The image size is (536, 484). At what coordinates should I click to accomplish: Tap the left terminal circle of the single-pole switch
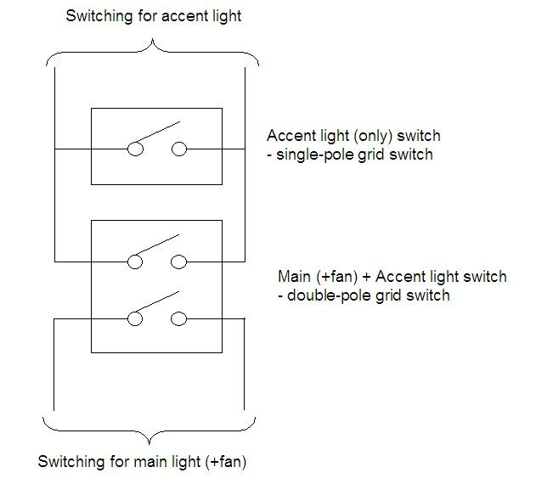pos(134,149)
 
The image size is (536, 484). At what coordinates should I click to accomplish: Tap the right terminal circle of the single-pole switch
pos(178,149)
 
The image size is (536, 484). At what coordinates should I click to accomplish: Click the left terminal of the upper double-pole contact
pos(134,261)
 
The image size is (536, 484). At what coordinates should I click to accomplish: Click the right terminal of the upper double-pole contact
pos(178,261)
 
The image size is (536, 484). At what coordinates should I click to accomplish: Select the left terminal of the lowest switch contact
pos(134,318)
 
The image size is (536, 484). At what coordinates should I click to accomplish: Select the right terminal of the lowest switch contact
pos(178,318)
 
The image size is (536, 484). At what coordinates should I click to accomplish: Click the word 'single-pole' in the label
pos(311,155)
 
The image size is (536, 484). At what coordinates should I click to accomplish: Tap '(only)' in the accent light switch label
pos(364,136)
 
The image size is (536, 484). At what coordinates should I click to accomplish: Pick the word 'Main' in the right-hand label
pos(294,277)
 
